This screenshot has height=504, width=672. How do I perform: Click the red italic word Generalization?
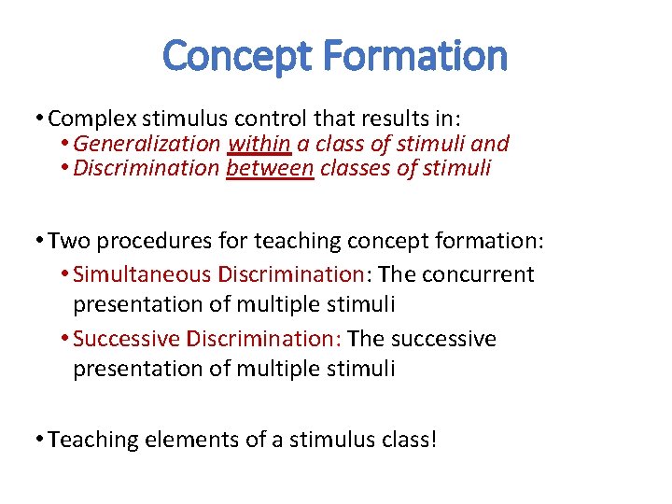click(147, 144)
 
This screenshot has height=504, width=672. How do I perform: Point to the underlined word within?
click(259, 144)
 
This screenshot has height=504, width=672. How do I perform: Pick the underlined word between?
click(270, 169)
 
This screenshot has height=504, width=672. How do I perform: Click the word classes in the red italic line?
click(357, 169)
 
